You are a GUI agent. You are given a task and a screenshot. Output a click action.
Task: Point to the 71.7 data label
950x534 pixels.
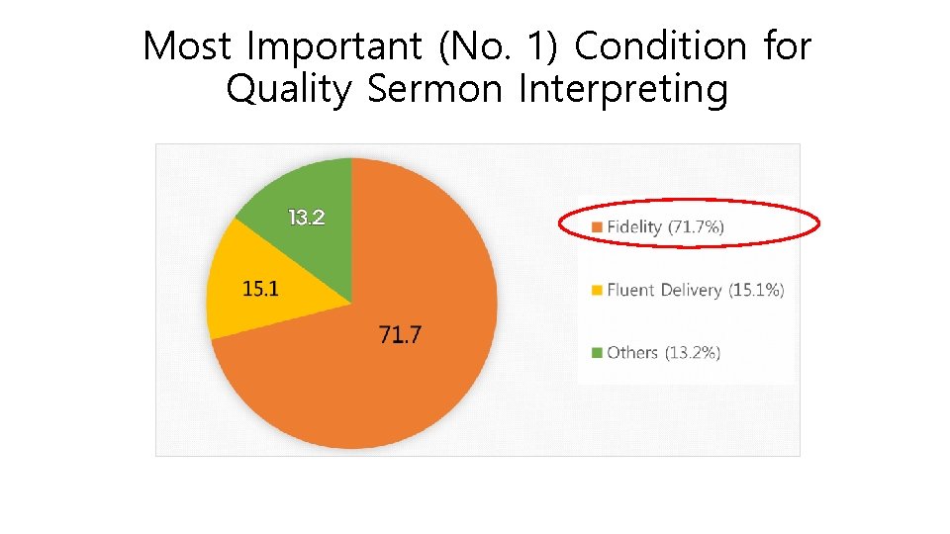(x=400, y=335)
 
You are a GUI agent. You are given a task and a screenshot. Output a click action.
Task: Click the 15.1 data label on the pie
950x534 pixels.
(x=261, y=289)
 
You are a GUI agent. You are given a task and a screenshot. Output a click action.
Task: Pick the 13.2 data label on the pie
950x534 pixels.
(x=306, y=218)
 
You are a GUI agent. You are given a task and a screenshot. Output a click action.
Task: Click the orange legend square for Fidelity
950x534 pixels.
(x=596, y=227)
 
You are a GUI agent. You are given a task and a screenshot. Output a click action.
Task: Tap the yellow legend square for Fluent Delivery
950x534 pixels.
(x=596, y=291)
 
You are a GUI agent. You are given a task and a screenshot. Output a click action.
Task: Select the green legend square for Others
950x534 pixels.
(x=596, y=353)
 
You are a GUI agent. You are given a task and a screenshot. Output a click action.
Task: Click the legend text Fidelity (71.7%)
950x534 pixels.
(x=666, y=227)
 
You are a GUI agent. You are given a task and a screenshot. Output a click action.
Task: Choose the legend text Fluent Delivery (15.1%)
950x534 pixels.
(x=696, y=291)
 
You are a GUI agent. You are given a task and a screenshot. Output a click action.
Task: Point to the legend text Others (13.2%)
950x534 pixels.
(x=664, y=353)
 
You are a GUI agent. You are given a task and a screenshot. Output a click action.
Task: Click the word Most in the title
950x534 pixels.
(x=186, y=46)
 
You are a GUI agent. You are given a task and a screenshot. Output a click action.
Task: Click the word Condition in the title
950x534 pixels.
(x=660, y=46)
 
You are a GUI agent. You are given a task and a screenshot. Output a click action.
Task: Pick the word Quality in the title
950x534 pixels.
(x=288, y=90)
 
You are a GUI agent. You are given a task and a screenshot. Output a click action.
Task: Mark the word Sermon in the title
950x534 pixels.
(x=436, y=90)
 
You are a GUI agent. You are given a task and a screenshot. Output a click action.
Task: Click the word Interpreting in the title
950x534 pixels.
(x=623, y=90)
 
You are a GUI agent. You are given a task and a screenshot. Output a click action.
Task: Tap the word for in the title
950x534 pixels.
(x=786, y=46)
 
